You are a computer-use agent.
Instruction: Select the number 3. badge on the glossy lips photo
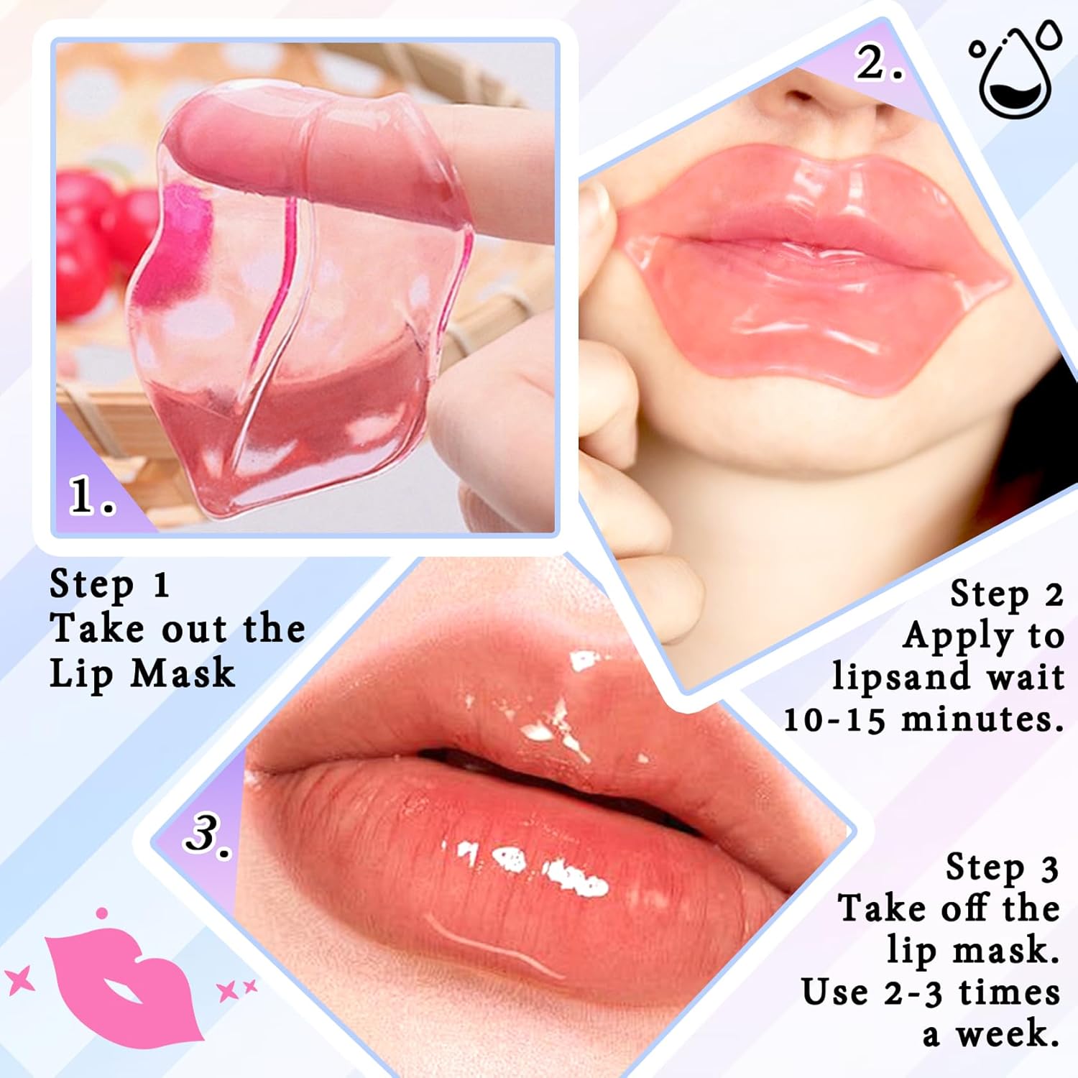point(208,834)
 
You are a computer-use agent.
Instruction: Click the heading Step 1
point(109,584)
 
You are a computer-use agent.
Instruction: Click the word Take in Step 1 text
point(96,629)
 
